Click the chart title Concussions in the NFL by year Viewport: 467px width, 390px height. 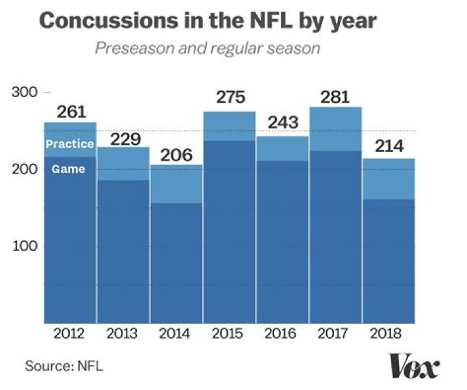coord(208,20)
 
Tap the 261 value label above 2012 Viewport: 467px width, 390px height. coord(71,112)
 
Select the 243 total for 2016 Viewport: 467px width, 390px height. coord(282,122)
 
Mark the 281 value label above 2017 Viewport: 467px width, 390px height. coord(335,97)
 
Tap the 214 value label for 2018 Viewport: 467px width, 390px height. coord(387,146)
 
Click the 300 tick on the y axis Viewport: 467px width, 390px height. coord(24,92)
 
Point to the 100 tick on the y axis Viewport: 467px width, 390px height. coord(24,246)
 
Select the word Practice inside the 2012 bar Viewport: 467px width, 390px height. coord(69,144)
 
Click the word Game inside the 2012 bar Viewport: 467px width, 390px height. coord(69,169)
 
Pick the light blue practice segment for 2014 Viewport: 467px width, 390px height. coord(176,184)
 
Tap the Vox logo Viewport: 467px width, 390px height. coord(414,365)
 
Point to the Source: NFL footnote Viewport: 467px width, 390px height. coord(64,367)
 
